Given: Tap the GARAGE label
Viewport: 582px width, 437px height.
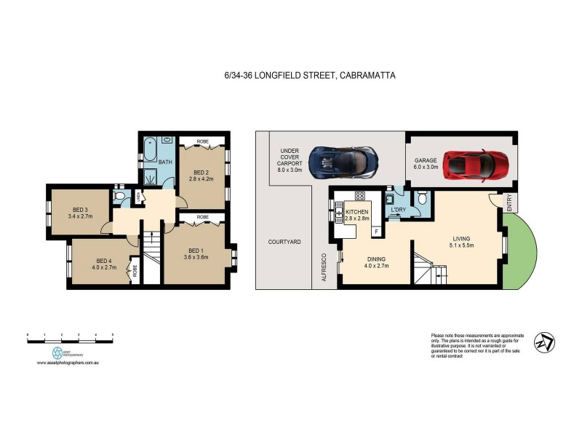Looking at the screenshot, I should pyautogui.click(x=425, y=160).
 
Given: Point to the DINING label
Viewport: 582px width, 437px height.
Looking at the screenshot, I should pyautogui.click(x=376, y=259).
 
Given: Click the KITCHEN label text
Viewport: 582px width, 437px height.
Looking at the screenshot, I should pyautogui.click(x=356, y=211).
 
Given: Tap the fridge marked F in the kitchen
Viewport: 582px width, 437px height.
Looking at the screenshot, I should pyautogui.click(x=375, y=232).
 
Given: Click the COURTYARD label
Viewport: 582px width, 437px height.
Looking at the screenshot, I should pyautogui.click(x=284, y=241).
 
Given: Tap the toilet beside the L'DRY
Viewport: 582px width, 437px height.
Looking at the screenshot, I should pyautogui.click(x=422, y=199).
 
